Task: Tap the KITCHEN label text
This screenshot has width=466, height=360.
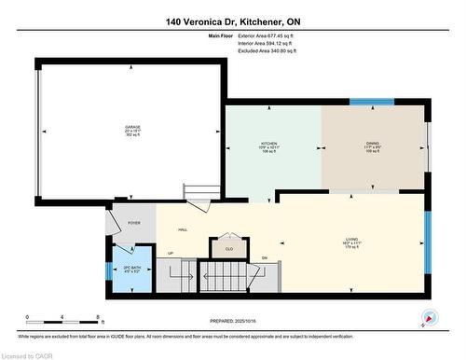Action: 268,143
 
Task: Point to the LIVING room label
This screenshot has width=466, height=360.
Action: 350,239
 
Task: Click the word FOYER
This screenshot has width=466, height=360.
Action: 134,224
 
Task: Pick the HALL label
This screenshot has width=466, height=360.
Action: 183,229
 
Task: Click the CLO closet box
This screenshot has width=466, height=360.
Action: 229,249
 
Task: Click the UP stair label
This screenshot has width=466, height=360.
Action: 170,254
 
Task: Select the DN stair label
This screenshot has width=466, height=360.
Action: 264,258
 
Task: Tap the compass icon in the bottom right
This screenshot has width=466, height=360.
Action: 429,315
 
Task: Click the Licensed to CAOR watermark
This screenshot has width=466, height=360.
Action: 28,353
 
